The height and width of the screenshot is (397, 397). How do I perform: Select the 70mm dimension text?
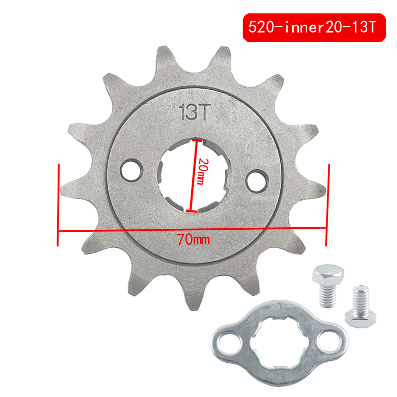click(193, 241)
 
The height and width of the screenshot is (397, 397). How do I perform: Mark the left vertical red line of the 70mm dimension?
click(59, 204)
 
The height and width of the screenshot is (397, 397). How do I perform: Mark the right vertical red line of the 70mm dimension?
click(327, 204)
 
